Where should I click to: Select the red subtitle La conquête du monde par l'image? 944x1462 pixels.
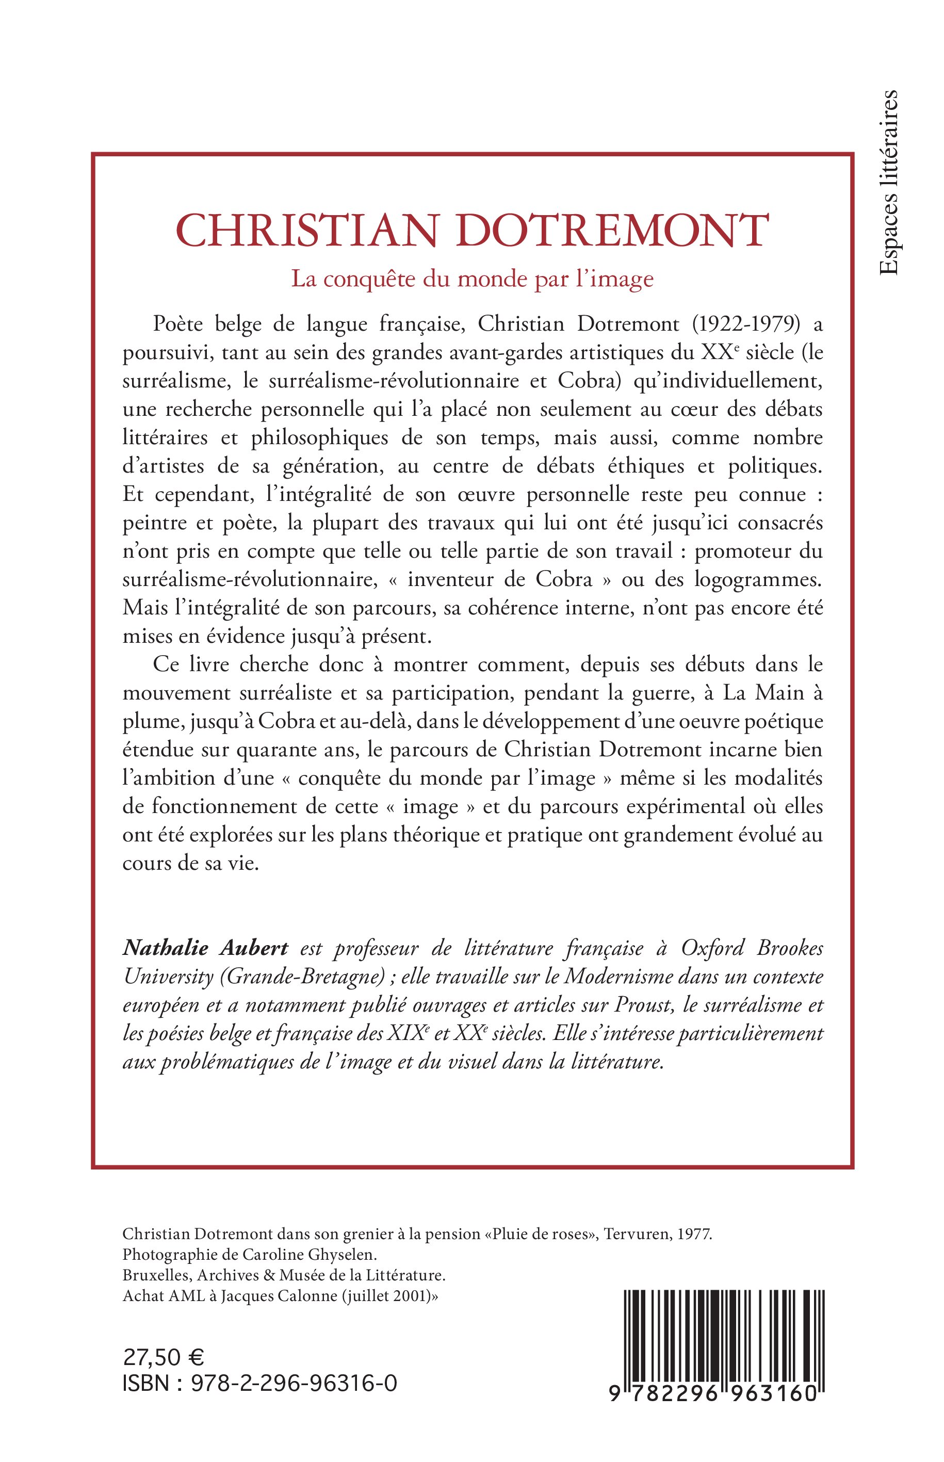pos(472,280)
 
